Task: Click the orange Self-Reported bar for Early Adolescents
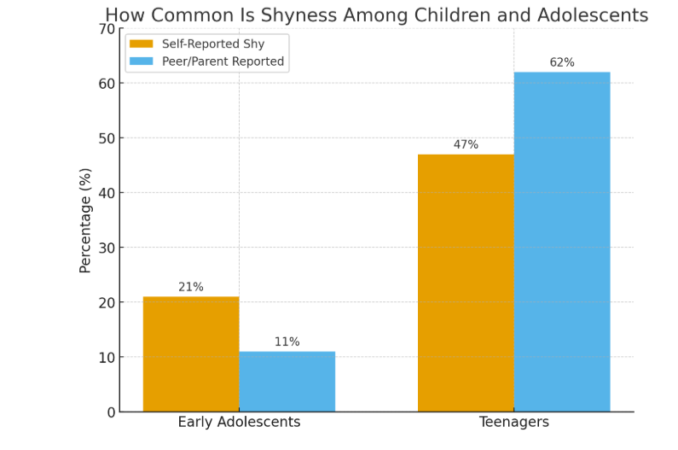coord(191,354)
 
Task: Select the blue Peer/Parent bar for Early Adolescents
coord(287,381)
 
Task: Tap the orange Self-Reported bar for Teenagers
coord(466,283)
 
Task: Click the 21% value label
coord(191,287)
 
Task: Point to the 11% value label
coord(287,342)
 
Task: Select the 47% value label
coord(466,144)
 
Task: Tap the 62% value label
coord(562,62)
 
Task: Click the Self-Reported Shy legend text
coord(213,44)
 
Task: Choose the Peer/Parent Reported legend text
coord(223,61)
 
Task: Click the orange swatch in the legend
coord(141,44)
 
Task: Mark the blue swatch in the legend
coord(141,61)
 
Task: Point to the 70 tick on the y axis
coord(107,29)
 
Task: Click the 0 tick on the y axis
coord(111,412)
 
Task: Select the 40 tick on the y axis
coord(107,193)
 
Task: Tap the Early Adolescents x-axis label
coord(239,423)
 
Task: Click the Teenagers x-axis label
coord(513,423)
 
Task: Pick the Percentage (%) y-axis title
coord(85,220)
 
